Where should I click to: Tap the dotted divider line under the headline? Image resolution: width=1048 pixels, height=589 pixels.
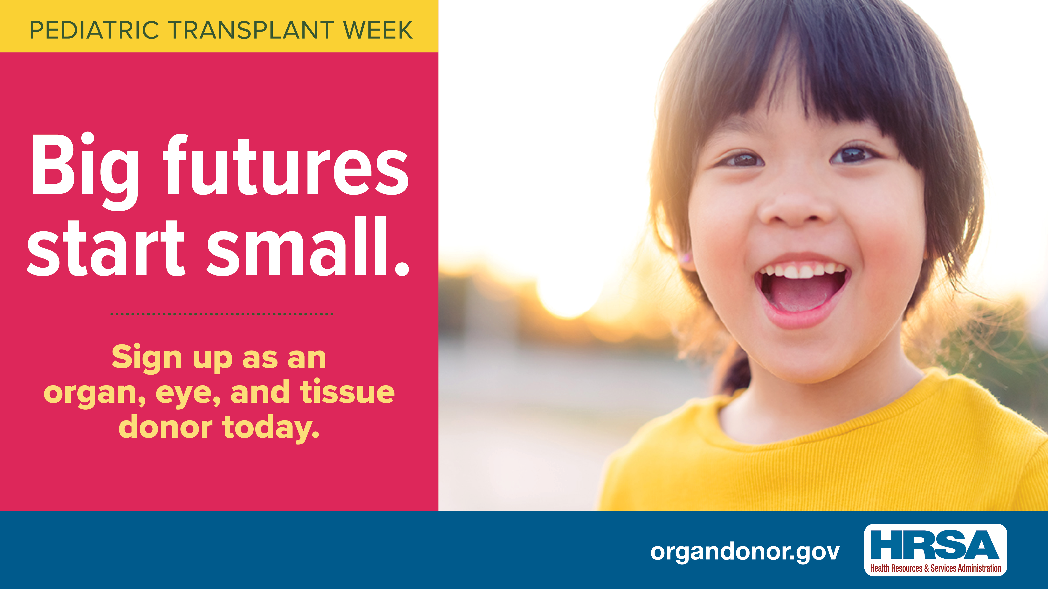pos(222,314)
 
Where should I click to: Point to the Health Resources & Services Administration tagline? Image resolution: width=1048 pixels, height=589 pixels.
pos(935,568)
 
